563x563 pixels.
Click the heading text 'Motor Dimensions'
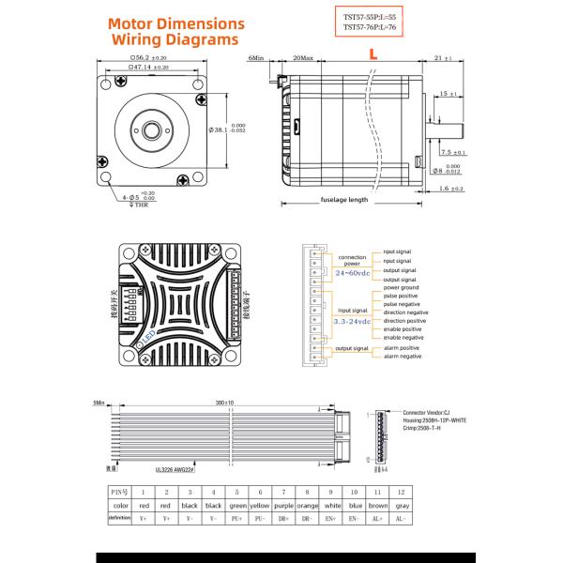coord(177,23)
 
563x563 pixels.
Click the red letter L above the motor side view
coord(373,56)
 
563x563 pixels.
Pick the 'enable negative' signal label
coord(405,337)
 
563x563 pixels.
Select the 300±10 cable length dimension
coord(223,401)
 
